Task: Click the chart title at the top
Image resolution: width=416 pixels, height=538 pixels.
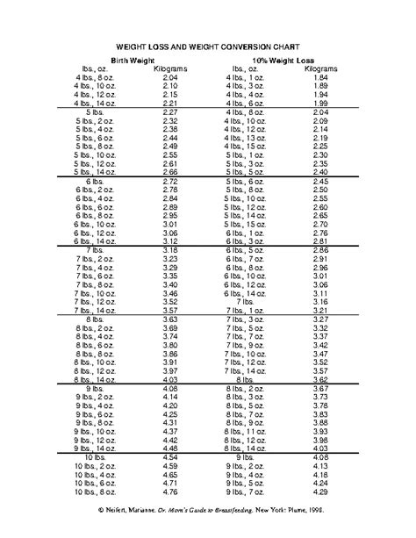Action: point(208,51)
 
